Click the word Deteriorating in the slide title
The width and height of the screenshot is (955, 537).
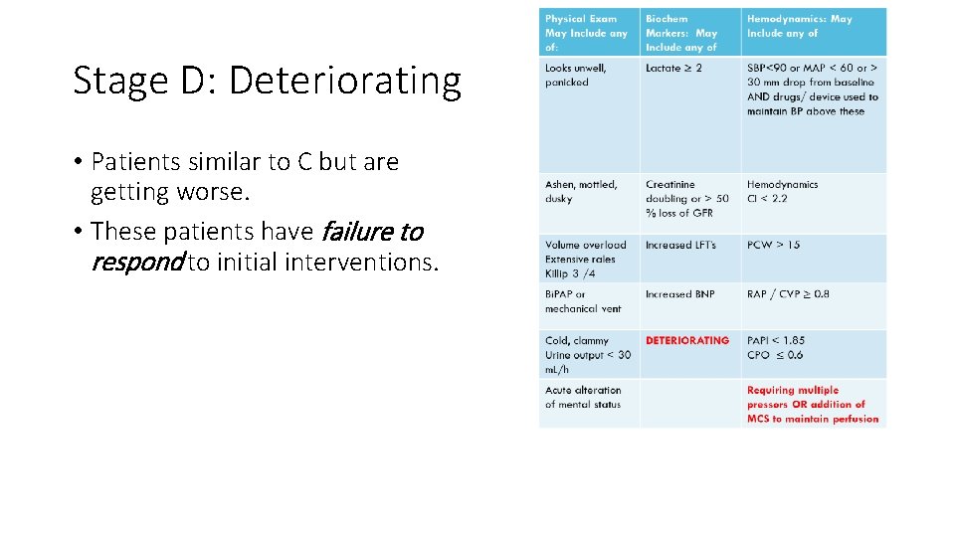[x=344, y=82]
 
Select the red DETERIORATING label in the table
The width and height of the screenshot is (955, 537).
[x=686, y=341]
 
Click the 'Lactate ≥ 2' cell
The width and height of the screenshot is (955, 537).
[x=673, y=69]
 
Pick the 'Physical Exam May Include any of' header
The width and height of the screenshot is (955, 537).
[x=586, y=33]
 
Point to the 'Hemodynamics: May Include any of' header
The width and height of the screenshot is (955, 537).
[x=799, y=26]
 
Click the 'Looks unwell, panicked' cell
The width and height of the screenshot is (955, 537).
[x=575, y=76]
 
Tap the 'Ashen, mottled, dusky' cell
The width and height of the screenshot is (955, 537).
[x=581, y=192]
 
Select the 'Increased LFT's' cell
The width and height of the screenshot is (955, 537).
[x=679, y=245]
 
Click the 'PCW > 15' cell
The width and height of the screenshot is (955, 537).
[x=773, y=245]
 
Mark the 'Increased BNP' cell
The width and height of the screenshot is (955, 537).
[x=679, y=294]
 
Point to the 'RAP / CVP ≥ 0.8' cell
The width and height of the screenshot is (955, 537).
[x=788, y=294]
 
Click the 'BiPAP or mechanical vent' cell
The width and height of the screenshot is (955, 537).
[x=582, y=301]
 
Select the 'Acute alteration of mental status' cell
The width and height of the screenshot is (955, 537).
[x=583, y=398]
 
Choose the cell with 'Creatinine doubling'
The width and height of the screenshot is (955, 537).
[x=686, y=199]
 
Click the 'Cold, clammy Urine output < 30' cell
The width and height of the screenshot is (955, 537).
[x=587, y=355]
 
